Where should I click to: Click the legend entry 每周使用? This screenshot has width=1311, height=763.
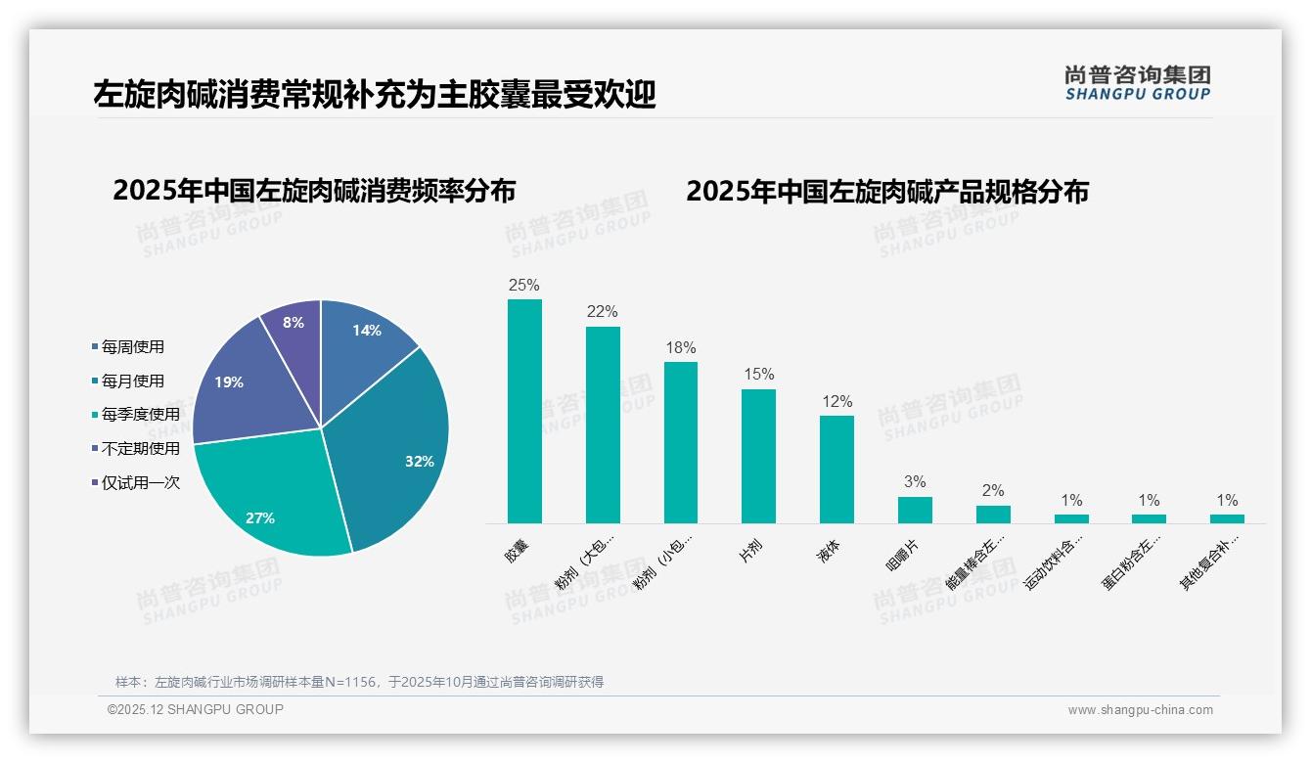[132, 347]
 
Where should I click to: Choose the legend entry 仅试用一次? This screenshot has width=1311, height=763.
[140, 482]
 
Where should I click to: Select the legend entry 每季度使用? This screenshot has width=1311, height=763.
[140, 415]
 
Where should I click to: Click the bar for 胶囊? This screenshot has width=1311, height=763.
[524, 411]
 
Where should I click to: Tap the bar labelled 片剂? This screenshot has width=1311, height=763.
[758, 456]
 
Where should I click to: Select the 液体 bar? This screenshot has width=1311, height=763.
[836, 470]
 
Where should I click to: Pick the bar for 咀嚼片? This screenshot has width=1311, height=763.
[915, 510]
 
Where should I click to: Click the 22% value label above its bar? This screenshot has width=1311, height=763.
[603, 312]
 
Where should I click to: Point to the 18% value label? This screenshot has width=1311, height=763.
[681, 347]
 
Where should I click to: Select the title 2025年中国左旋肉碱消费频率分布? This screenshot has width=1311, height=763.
[314, 191]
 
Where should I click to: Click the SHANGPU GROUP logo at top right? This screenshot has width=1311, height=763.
[1137, 83]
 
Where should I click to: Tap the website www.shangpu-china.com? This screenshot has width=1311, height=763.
[1140, 710]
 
